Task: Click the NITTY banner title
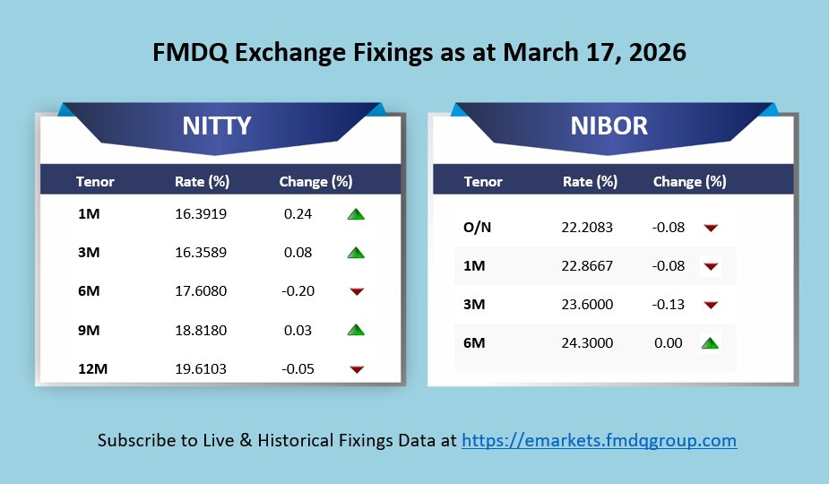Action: point(217,125)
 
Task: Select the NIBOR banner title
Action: point(609,125)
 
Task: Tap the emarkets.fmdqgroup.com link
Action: point(599,441)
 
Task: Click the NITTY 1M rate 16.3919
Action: point(201,214)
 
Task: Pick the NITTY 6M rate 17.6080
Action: point(201,291)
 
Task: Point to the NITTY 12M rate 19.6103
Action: point(201,368)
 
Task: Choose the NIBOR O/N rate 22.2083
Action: point(588,228)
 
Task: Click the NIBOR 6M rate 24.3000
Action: point(588,343)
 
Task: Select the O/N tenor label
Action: point(478,228)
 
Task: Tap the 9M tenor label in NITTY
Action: point(89,330)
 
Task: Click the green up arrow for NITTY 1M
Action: point(356,214)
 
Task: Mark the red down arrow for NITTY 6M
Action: point(356,291)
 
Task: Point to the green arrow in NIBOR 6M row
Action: point(711,343)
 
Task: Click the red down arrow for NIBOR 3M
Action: point(711,305)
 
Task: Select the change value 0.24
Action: point(296,214)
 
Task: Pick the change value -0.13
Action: point(669,305)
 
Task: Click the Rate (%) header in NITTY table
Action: point(202,182)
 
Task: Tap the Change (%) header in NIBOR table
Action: point(689,182)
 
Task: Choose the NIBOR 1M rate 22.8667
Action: point(588,266)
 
